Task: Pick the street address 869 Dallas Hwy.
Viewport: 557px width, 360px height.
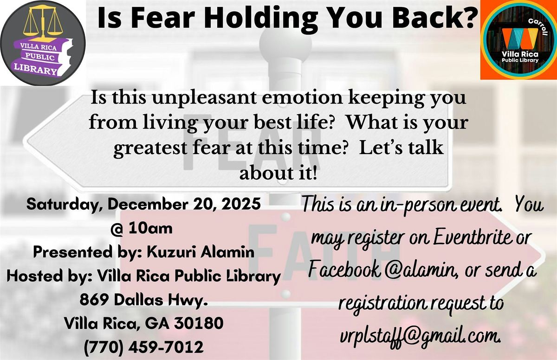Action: pyautogui.click(x=142, y=300)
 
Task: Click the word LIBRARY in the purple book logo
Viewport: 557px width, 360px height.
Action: pyautogui.click(x=41, y=70)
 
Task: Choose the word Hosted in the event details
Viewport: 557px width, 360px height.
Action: pyautogui.click(x=32, y=277)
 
